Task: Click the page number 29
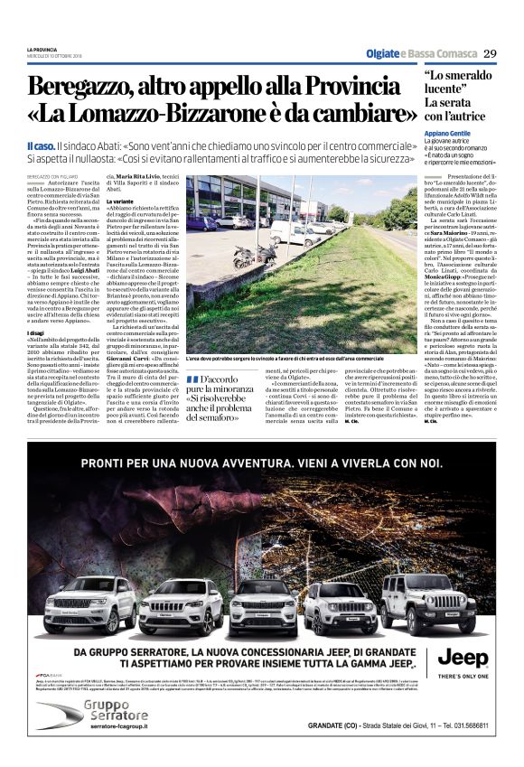click(x=489, y=52)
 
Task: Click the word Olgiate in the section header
click(x=381, y=53)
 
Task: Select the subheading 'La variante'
click(x=122, y=201)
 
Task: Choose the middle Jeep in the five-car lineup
click(x=262, y=608)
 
